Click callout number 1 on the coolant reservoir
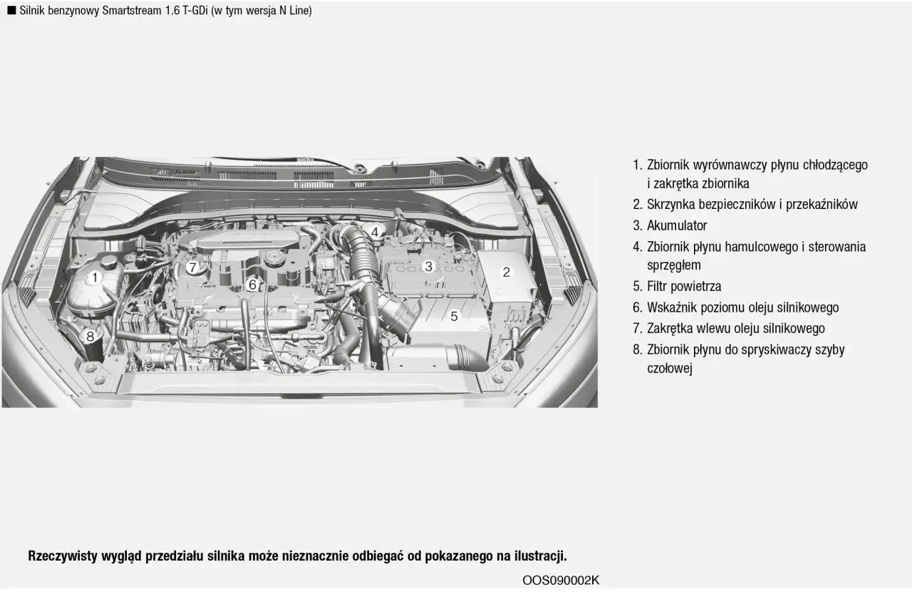[x=94, y=277]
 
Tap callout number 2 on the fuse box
[x=507, y=272]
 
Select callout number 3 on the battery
[x=428, y=267]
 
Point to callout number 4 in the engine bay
[x=374, y=232]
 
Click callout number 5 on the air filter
[x=454, y=316]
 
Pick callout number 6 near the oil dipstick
[x=252, y=285]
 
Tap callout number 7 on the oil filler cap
[x=192, y=267]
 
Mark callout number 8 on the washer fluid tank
[x=90, y=336]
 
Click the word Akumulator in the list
[x=676, y=226]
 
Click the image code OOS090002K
[x=561, y=581]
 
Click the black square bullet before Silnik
[x=11, y=11]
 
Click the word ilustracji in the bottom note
[x=539, y=556]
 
